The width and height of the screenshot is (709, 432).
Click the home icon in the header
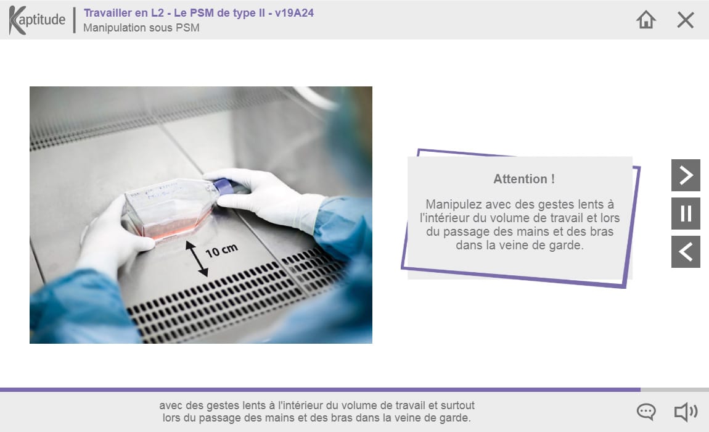645,20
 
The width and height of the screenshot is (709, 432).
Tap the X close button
686,20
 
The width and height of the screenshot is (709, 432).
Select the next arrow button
686,175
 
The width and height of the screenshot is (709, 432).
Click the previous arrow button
686,252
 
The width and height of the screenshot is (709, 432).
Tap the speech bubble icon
646,412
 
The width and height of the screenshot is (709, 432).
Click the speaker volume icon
686,412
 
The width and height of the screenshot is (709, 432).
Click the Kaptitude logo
37,20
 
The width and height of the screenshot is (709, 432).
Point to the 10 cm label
221,251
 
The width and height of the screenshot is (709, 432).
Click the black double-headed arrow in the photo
197,259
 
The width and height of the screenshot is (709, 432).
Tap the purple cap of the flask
223,186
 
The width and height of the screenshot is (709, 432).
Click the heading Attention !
523,180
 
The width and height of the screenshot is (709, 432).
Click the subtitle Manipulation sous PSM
142,28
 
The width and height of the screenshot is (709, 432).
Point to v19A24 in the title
294,13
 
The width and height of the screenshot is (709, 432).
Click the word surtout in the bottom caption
457,405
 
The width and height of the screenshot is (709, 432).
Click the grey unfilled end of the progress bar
674,389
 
